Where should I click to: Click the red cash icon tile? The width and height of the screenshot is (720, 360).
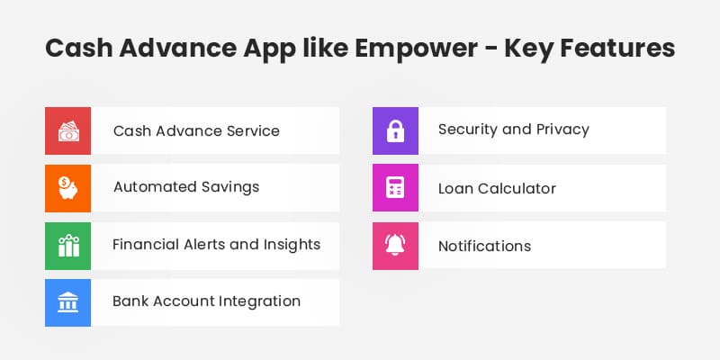click(67, 130)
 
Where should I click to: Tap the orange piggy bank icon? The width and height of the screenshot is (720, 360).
click(67, 187)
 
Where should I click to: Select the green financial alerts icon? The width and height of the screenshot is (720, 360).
click(67, 245)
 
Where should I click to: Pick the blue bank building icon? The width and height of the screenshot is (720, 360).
click(67, 301)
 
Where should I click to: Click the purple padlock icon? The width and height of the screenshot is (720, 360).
click(396, 130)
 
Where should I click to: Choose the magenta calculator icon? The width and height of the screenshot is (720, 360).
click(396, 187)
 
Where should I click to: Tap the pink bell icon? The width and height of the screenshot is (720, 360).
click(396, 245)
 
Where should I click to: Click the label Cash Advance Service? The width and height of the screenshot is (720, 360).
click(196, 130)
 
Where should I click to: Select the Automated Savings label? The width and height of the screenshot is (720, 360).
click(186, 187)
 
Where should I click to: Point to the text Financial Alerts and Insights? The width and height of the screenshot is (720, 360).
click(216, 244)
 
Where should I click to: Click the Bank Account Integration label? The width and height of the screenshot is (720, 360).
click(206, 301)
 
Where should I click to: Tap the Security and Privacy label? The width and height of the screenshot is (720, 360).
click(513, 130)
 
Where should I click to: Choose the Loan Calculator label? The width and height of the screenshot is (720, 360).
click(497, 189)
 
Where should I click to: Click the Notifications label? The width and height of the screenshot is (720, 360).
click(484, 246)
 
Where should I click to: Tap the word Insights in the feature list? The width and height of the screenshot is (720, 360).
click(291, 244)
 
